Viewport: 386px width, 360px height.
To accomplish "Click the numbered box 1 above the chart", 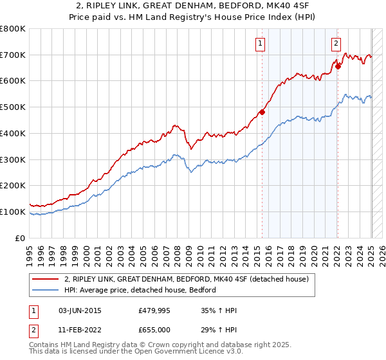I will [260, 44].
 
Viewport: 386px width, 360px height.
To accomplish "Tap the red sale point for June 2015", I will [262, 112].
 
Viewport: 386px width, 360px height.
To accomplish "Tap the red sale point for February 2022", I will [338, 66].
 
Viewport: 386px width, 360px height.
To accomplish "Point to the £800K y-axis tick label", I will [13, 29].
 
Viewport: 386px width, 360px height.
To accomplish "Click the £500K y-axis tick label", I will [13, 107].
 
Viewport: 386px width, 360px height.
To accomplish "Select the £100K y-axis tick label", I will [13, 212].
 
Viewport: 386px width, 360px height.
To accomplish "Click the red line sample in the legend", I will [45, 279].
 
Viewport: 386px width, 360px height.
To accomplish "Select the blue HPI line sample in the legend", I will [45, 290].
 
